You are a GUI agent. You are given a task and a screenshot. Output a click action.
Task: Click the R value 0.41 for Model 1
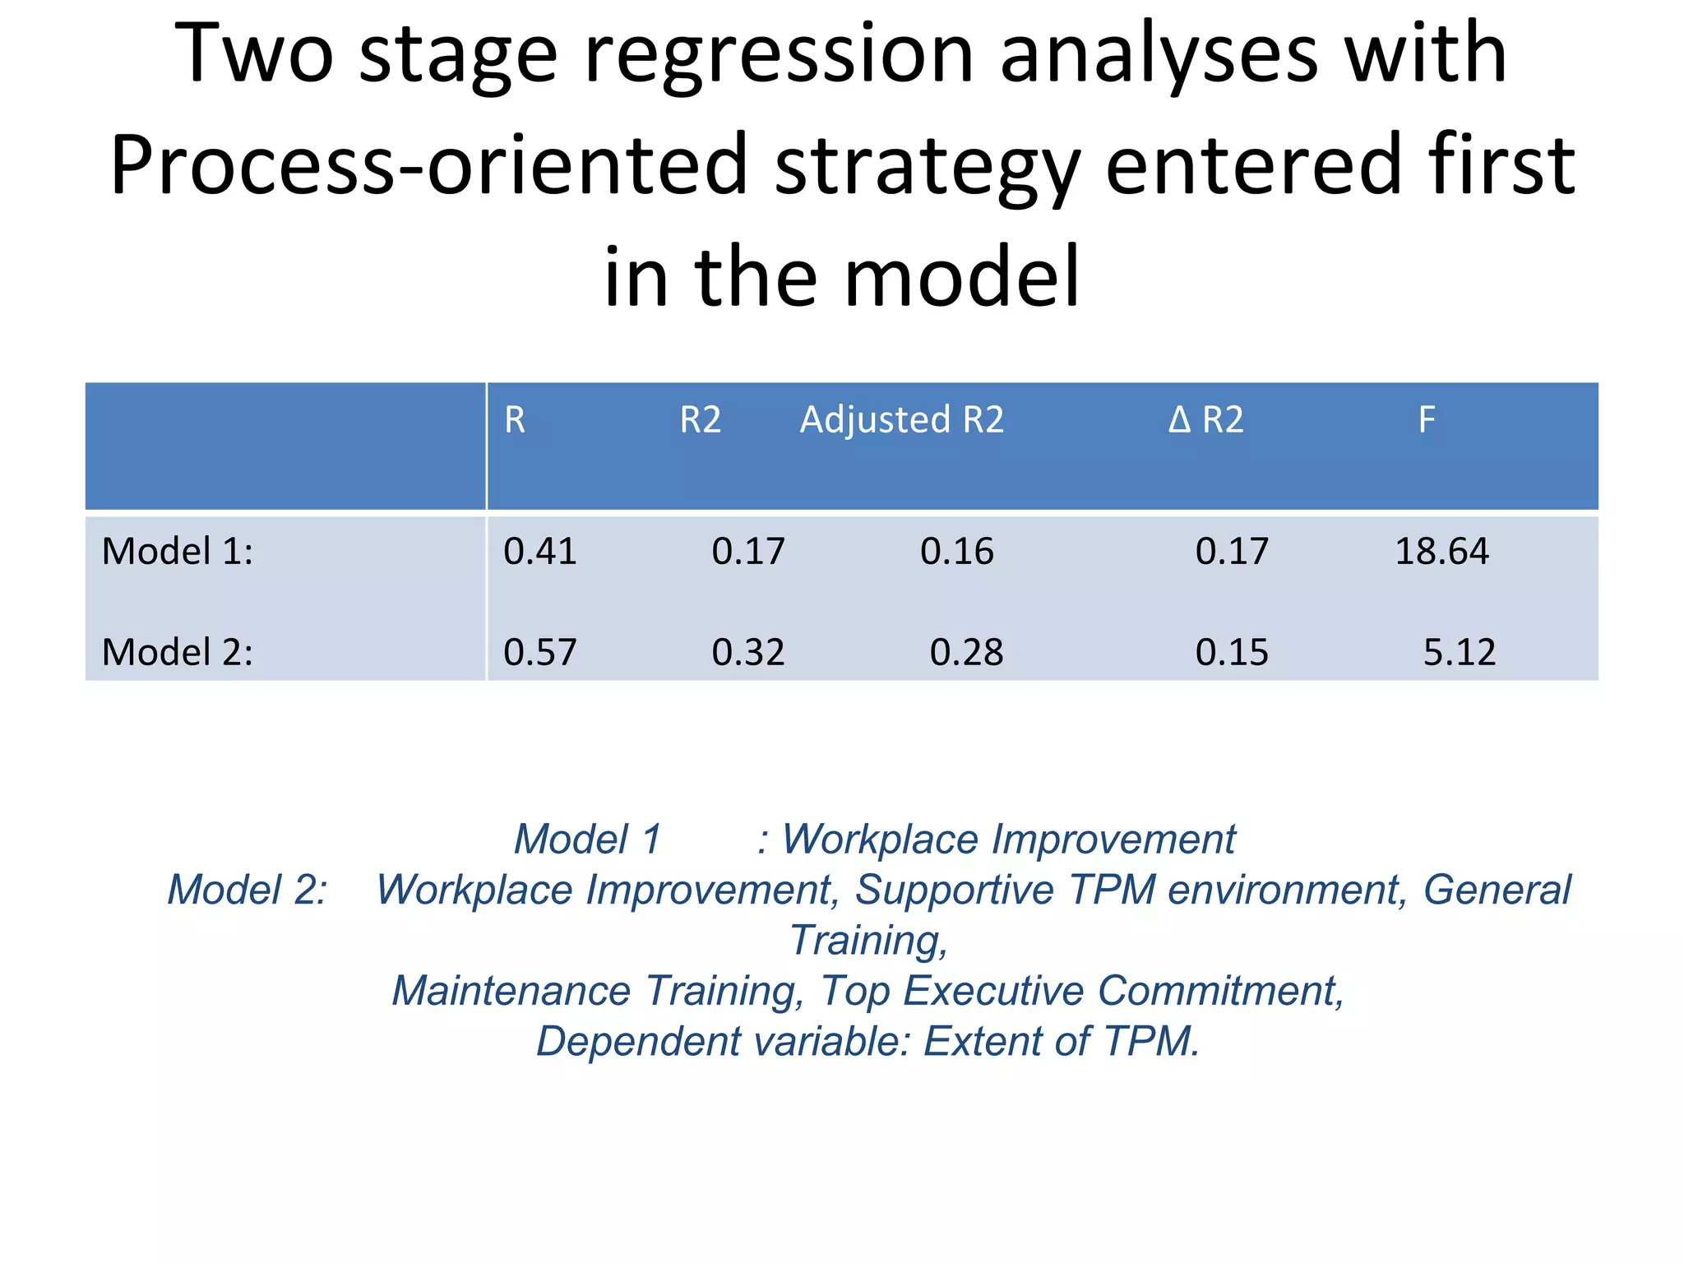coord(540,551)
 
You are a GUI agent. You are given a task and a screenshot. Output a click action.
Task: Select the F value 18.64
coord(1441,551)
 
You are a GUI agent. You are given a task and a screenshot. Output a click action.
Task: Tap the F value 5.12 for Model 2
coord(1459,652)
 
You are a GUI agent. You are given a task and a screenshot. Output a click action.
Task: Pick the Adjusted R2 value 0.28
coord(966,652)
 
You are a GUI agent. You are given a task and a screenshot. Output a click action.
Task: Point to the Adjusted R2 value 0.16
coord(956,551)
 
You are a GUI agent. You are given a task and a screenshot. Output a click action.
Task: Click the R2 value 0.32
coord(748,652)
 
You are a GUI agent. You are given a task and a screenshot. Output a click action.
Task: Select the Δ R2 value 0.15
coord(1232,652)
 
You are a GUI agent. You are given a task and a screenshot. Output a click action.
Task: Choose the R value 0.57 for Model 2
coord(540,652)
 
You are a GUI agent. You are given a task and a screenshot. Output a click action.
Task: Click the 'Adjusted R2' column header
coord(902,420)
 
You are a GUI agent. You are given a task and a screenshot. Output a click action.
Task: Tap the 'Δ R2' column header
coord(1205,420)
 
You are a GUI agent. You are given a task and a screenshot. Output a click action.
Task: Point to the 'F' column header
coord(1427,420)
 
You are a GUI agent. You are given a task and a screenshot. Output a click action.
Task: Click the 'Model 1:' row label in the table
coord(178,551)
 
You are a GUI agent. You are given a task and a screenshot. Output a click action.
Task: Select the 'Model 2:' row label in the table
coord(178,652)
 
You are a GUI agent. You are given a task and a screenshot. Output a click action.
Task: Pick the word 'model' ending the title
coord(961,277)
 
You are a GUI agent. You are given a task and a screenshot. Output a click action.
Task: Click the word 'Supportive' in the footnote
coord(954,890)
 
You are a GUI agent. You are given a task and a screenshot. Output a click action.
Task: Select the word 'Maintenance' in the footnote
coord(511,991)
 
